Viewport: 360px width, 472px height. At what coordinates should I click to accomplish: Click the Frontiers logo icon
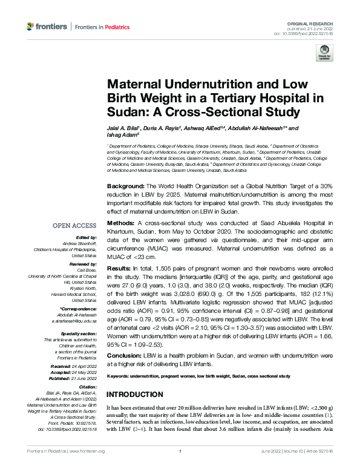(x=31, y=27)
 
